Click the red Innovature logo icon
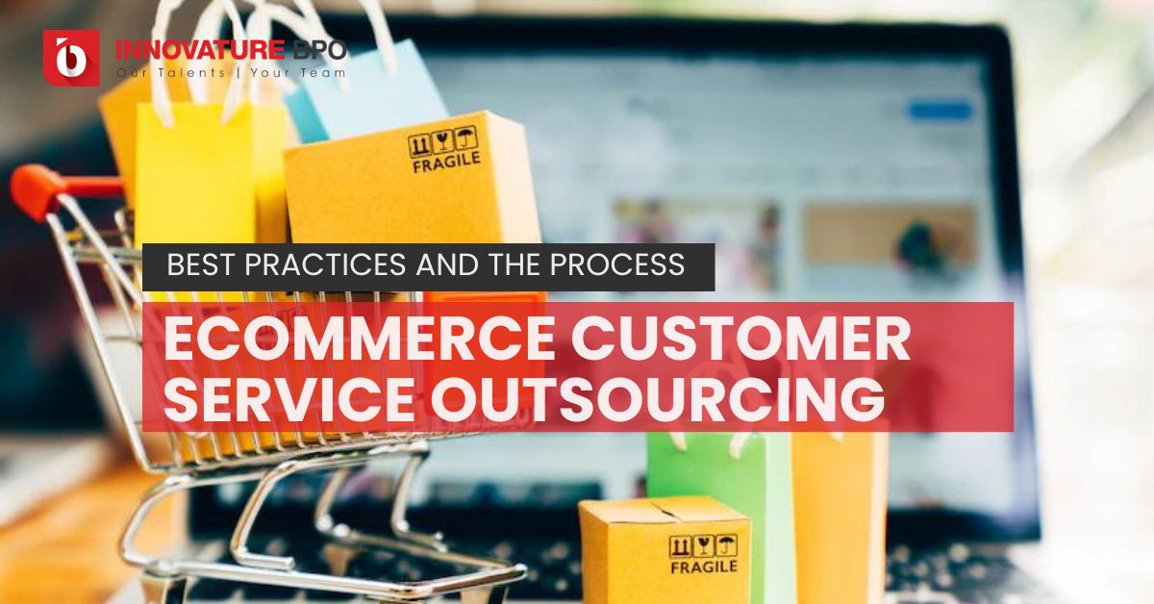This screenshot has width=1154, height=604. pyautogui.click(x=71, y=58)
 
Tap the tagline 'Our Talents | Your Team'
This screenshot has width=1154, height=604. pyautogui.click(x=230, y=72)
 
